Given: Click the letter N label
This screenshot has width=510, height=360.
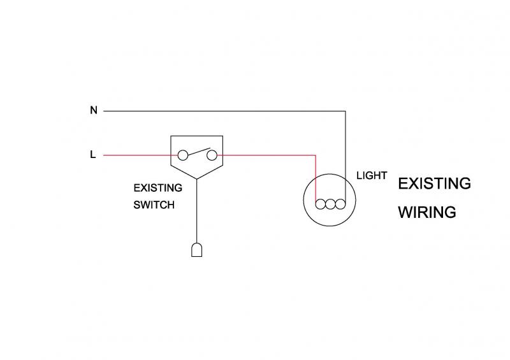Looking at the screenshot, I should pyautogui.click(x=94, y=110).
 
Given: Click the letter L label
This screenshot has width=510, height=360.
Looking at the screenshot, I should pyautogui.click(x=93, y=155).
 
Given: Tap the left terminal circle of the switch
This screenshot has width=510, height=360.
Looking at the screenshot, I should pyautogui.click(x=182, y=154).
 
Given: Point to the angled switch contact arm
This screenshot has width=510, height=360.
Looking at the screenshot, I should pyautogui.click(x=198, y=150).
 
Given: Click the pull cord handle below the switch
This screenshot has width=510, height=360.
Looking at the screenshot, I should pyautogui.click(x=197, y=249).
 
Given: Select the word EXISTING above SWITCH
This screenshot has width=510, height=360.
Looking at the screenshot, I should pyautogui.click(x=157, y=188).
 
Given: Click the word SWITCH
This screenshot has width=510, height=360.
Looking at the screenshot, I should pyautogui.click(x=154, y=205).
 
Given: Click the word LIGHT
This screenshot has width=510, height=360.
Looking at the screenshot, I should pyautogui.click(x=372, y=175).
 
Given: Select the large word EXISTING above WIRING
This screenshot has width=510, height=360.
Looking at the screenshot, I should pyautogui.click(x=434, y=184).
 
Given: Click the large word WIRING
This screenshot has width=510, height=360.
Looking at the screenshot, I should pyautogui.click(x=426, y=212).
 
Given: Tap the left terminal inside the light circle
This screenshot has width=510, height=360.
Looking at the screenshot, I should pyautogui.click(x=321, y=205).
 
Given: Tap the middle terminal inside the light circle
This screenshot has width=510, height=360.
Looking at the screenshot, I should pyautogui.click(x=331, y=205).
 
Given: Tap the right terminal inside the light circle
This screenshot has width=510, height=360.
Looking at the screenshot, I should pyautogui.click(x=341, y=205).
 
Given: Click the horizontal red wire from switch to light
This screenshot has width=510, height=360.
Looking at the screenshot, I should pyautogui.click(x=268, y=154).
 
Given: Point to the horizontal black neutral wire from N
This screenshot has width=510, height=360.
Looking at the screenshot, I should pyautogui.click(x=223, y=111).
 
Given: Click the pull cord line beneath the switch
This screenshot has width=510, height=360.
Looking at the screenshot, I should pyautogui.click(x=197, y=210).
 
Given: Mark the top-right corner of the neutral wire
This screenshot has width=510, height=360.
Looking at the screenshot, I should pyautogui.click(x=345, y=111).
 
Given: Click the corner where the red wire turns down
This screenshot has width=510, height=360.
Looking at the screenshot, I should pyautogui.click(x=316, y=154).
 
